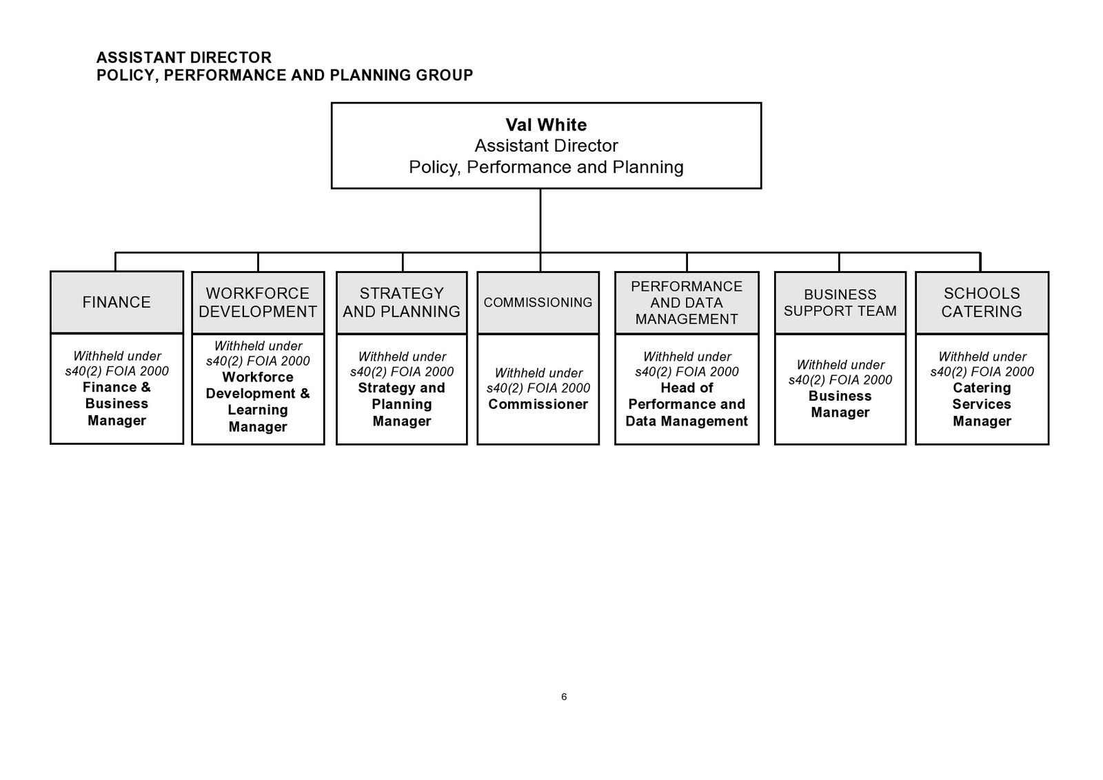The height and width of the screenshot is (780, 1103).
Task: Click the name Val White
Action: click(546, 125)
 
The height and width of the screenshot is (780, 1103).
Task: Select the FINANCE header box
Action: click(117, 302)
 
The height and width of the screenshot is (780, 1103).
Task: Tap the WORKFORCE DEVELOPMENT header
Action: click(258, 303)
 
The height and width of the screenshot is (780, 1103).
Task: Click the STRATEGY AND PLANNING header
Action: click(401, 303)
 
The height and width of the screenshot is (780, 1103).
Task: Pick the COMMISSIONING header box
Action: click(538, 303)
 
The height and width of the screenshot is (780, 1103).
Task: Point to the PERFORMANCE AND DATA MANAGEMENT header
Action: click(687, 303)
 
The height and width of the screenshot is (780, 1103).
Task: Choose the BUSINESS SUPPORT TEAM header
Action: click(840, 303)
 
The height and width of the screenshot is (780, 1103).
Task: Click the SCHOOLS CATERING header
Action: click(982, 303)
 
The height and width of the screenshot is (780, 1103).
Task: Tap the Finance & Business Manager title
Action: click(117, 404)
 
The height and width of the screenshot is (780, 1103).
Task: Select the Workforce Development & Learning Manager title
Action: click(258, 402)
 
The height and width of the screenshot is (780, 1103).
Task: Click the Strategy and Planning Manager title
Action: click(401, 405)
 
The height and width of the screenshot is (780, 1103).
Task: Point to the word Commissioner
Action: click(538, 405)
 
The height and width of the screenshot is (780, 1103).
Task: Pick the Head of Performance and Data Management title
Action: click(687, 405)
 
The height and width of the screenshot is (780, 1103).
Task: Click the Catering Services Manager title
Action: click(982, 405)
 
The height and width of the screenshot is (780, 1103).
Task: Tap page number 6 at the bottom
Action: click(564, 697)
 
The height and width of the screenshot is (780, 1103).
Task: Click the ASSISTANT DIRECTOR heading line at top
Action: click(184, 57)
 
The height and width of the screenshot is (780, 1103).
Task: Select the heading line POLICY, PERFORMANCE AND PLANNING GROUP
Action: click(285, 75)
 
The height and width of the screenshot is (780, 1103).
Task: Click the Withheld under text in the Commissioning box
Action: click(538, 373)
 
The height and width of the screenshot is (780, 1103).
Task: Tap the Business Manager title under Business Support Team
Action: click(840, 404)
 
